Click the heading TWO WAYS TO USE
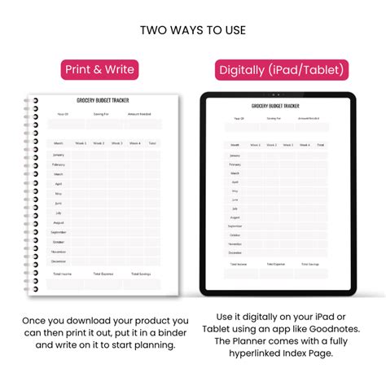193,30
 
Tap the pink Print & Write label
100,70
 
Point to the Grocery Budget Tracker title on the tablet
277,106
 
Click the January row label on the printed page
59,154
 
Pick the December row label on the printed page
59,261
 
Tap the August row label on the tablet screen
235,217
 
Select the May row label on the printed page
59,193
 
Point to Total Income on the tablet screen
237,265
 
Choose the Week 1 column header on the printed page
81,143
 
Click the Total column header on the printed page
152,143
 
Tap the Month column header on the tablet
235,145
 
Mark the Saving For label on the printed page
102,115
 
